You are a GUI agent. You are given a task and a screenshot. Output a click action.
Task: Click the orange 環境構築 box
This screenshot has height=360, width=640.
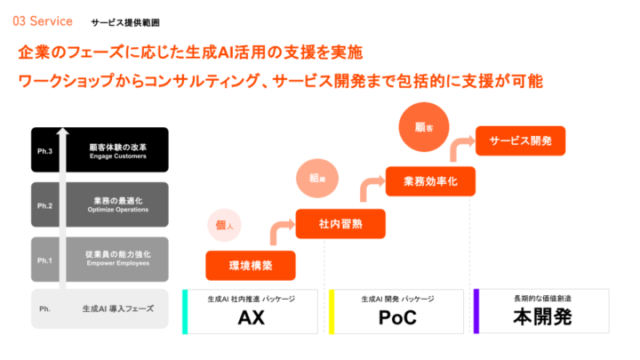[x=250, y=265]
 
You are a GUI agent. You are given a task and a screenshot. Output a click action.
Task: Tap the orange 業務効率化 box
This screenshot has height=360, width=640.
[x=430, y=181]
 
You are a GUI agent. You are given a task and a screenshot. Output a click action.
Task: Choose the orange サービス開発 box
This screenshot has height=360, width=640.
[x=520, y=140]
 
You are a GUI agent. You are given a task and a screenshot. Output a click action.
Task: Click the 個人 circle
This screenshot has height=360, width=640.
[x=224, y=225]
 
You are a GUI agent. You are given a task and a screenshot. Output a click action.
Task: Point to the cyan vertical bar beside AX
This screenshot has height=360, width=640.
[x=185, y=311]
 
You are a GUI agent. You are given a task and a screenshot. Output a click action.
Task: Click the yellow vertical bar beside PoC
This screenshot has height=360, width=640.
[x=331, y=311]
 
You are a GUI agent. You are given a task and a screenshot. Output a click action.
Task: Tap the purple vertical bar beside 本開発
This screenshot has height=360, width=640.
[x=476, y=311]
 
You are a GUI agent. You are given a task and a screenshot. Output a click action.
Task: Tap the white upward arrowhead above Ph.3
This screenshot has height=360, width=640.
[x=62, y=132]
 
